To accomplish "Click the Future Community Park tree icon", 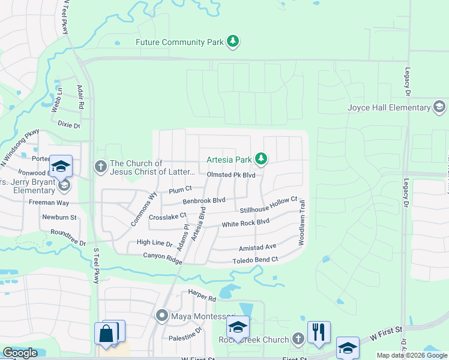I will click(x=234, y=42).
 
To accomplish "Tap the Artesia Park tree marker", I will click(x=261, y=159).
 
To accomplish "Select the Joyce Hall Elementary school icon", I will click(x=439, y=108).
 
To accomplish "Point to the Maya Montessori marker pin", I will click(x=161, y=315).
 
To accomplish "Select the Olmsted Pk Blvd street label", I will click(x=231, y=175).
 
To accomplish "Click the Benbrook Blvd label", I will click(x=203, y=201).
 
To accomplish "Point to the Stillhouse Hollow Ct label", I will click(x=268, y=205).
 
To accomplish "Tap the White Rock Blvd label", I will click(x=246, y=223).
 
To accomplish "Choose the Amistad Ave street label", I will click(x=257, y=247).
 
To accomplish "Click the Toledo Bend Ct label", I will click(x=255, y=260).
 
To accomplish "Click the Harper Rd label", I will click(x=202, y=298).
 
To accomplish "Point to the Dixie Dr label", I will click(x=69, y=125).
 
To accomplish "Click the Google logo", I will click(x=20, y=353).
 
